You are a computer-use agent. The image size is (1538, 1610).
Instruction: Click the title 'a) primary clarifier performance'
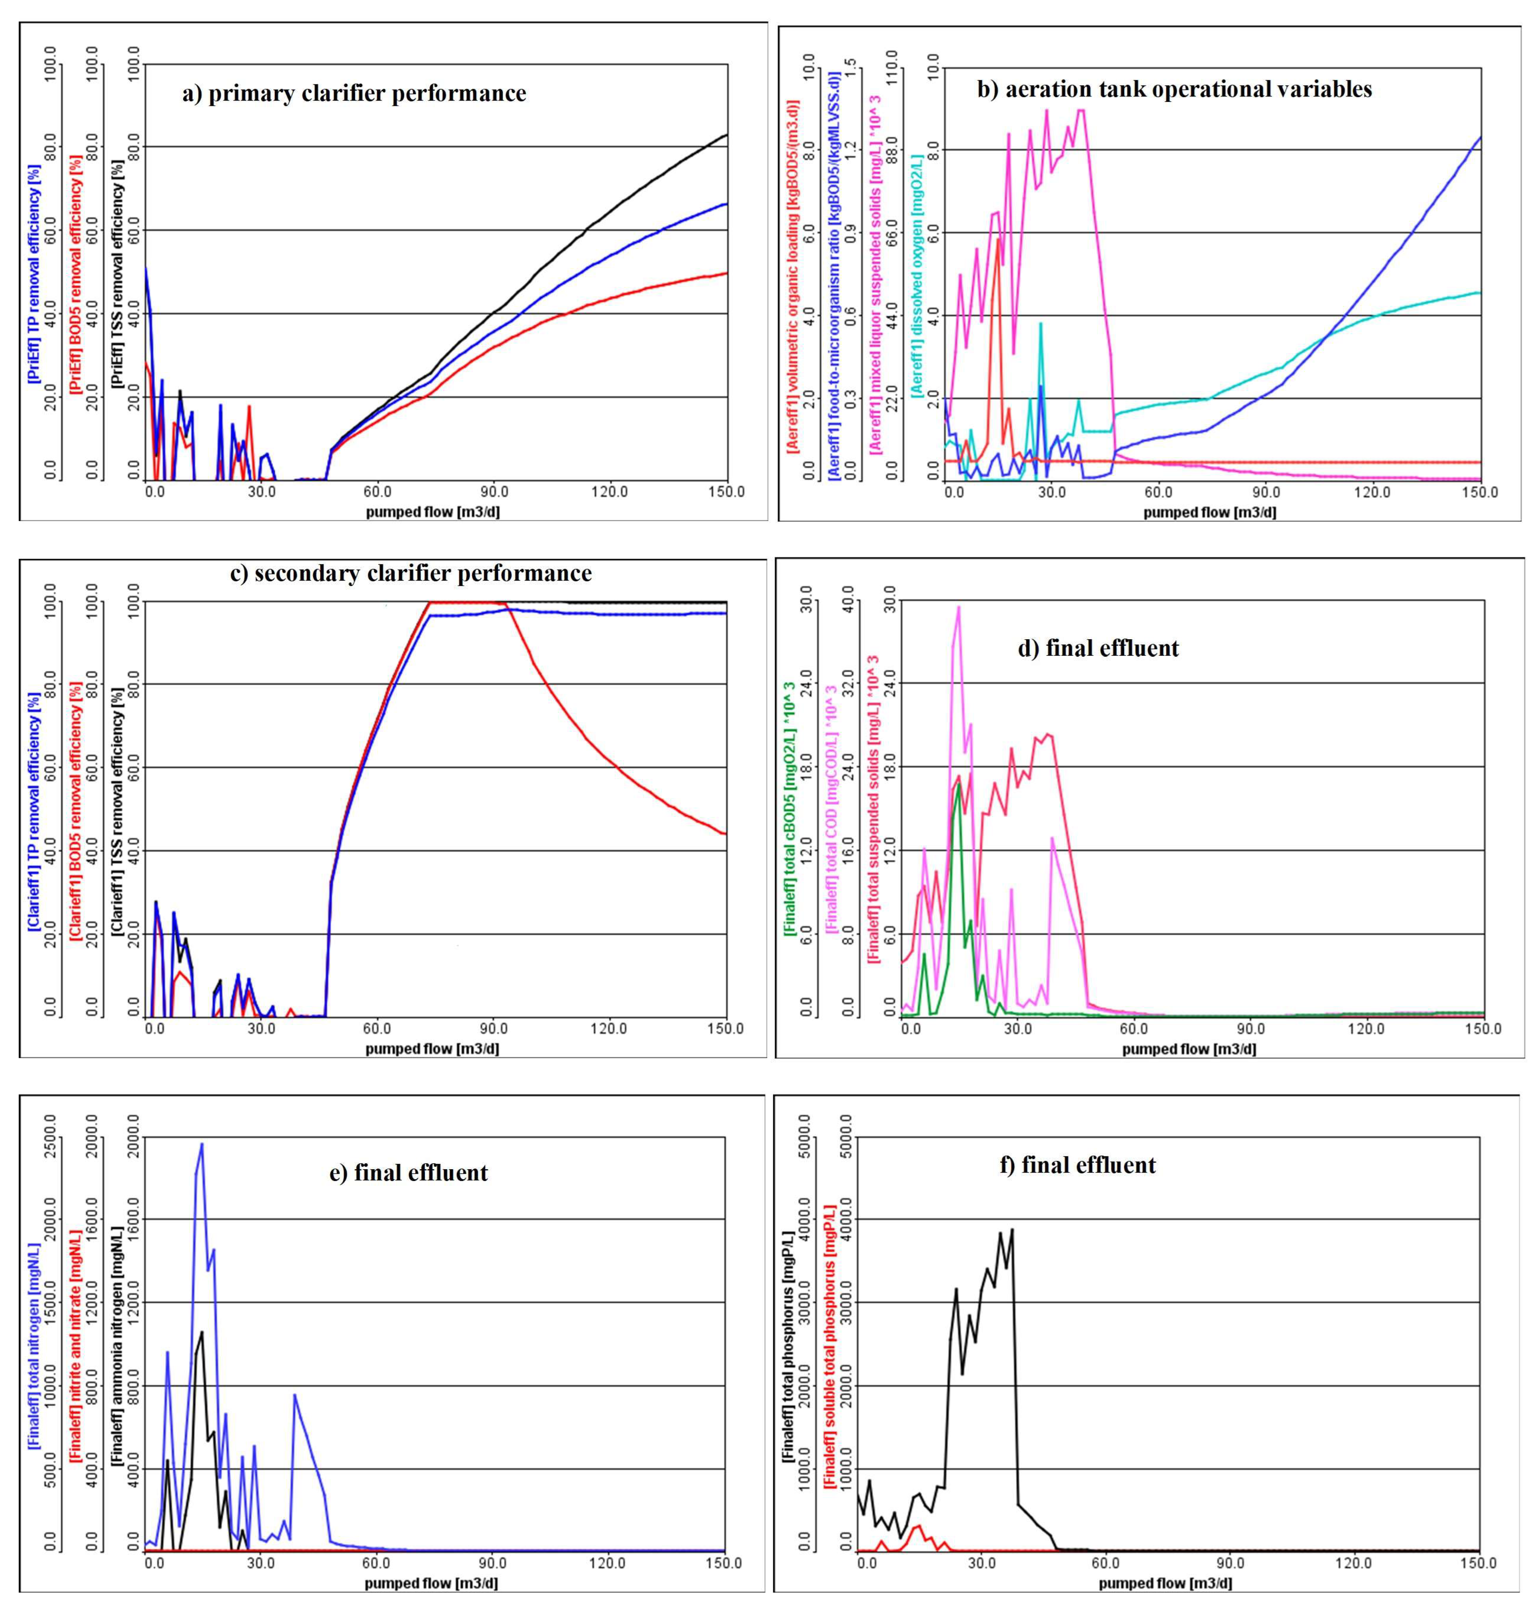point(354,93)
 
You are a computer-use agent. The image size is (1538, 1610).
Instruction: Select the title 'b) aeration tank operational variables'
point(1174,89)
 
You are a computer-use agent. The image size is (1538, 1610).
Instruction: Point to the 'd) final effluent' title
point(1098,649)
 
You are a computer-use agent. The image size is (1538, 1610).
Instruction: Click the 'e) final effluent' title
point(408,1173)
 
